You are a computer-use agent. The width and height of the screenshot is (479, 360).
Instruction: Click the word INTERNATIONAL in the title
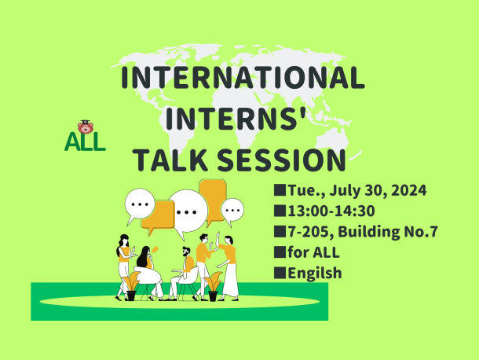(x=243, y=77)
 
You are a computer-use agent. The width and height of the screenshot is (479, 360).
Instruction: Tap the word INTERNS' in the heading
(x=236, y=119)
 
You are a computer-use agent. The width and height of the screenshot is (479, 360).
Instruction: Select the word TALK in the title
(x=171, y=160)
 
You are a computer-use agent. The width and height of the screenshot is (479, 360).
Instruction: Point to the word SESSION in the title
(x=281, y=160)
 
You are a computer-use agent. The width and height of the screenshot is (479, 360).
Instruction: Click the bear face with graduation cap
(x=86, y=127)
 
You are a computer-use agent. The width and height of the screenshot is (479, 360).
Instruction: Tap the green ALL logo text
(x=85, y=142)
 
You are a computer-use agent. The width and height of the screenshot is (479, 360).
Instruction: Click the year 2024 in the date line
(x=409, y=190)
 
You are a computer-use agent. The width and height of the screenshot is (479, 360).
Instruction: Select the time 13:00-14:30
(x=331, y=211)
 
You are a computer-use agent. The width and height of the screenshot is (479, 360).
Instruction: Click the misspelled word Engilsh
(x=315, y=273)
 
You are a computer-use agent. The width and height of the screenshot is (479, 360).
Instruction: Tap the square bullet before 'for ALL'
(x=280, y=252)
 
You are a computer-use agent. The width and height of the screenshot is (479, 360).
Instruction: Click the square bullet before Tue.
(x=280, y=190)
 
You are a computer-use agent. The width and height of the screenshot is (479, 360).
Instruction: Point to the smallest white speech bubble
(x=232, y=211)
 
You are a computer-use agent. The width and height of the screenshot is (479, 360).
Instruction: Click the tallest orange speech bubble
(x=213, y=202)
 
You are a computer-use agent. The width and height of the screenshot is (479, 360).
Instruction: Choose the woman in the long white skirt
(x=229, y=267)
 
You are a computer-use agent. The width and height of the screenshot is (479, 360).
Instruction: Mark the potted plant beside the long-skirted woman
(x=213, y=286)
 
